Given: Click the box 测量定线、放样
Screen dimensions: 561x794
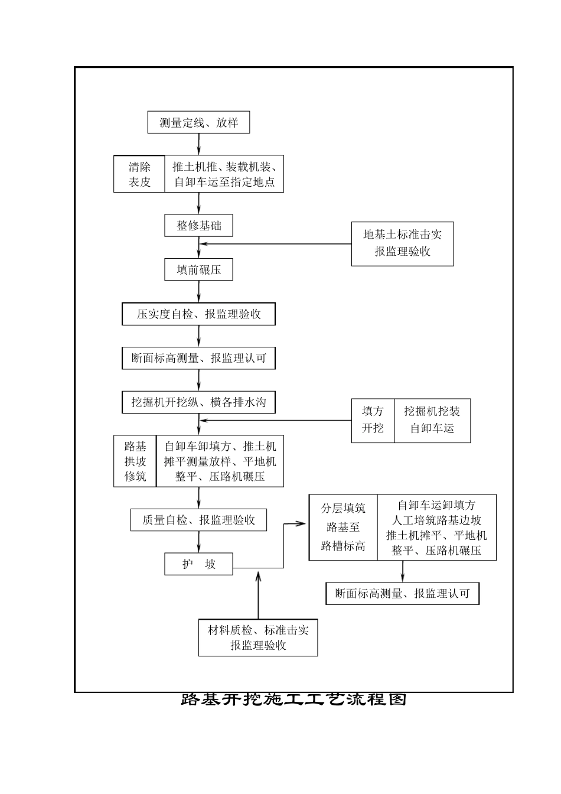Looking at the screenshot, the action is (198, 122).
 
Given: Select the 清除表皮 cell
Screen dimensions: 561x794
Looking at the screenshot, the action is (139, 174).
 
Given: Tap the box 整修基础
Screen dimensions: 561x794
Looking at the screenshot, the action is (198, 226).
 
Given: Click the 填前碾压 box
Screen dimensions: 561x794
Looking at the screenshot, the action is (198, 269).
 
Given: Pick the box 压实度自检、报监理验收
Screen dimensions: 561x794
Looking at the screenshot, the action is (198, 314).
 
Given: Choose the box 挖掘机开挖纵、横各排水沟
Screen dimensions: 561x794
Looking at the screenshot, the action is (198, 402).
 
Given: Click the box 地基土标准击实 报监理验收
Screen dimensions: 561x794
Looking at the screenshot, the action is (402, 244).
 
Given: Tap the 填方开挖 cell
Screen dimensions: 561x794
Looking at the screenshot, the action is (373, 421).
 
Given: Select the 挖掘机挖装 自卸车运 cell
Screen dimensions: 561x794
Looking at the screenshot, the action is (432, 421).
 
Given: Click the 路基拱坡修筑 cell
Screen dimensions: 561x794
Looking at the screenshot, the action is (135, 461).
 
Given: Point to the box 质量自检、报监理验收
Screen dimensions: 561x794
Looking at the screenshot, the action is (198, 520).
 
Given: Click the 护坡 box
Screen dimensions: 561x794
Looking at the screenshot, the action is (198, 564).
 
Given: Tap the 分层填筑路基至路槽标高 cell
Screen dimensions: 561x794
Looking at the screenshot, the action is (343, 527).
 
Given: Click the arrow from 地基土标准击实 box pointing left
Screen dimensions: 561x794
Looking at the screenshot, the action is (275, 244).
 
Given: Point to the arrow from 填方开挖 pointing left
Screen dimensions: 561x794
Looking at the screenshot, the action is (275, 421).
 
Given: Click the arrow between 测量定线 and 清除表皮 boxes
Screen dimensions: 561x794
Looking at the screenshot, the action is (198, 144).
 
